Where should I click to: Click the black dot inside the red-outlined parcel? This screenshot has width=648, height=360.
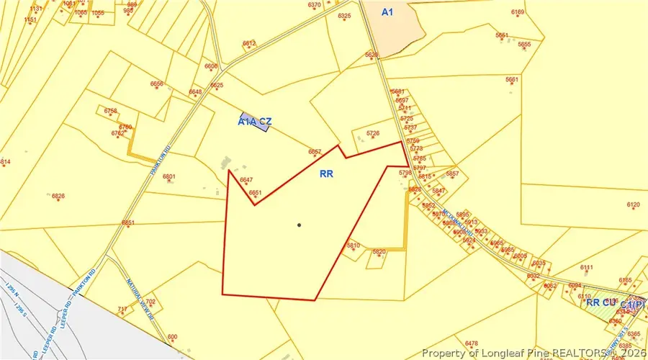[x=299, y=225]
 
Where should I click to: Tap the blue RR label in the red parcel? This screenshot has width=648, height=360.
[x=328, y=174]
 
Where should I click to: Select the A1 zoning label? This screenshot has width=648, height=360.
[x=388, y=12]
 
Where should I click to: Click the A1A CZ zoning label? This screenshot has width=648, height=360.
[x=254, y=122]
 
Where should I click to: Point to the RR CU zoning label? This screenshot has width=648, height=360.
[x=600, y=302]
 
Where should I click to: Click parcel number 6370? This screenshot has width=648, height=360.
[x=315, y=5]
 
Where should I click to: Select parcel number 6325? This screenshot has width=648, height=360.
[x=344, y=16]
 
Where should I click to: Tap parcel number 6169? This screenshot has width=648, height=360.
[x=518, y=12]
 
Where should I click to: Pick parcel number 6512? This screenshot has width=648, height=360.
[x=249, y=44]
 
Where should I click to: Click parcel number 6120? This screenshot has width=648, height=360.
[x=634, y=205]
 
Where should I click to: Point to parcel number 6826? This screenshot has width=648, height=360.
[x=58, y=196]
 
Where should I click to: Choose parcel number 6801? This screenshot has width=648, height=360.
[x=170, y=176]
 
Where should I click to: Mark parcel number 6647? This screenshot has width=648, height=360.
[x=246, y=180]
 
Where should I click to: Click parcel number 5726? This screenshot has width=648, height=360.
[x=372, y=133]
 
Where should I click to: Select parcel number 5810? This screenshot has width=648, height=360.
[x=353, y=246]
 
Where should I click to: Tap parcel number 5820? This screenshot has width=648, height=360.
[x=379, y=251]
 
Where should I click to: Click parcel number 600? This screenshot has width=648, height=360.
[x=172, y=337]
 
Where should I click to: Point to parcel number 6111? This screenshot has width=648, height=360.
[x=587, y=268]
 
